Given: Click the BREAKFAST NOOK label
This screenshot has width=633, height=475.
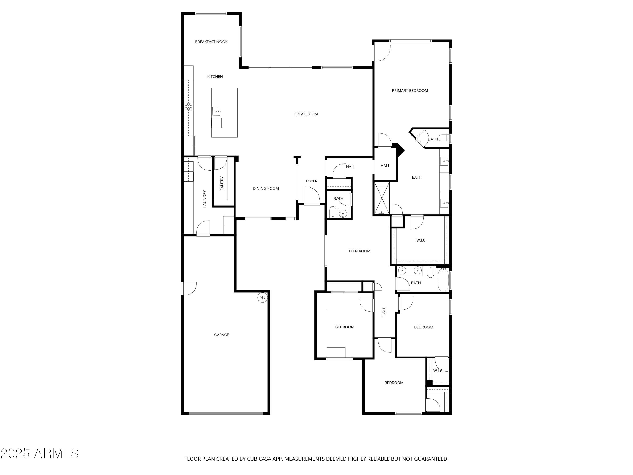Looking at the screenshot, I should pyautogui.click(x=211, y=42).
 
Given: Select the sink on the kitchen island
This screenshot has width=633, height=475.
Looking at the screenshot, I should pyautogui.click(x=216, y=111).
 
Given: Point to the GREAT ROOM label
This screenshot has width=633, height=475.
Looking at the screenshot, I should pyautogui.click(x=306, y=114).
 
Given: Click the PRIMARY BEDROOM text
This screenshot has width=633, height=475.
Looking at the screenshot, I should pyautogui.click(x=410, y=91).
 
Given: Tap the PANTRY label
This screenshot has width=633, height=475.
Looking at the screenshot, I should pyautogui.click(x=222, y=183).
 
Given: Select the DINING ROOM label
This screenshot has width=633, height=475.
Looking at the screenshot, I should pyautogui.click(x=266, y=188).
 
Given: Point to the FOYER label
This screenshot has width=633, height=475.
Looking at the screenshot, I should pyautogui.click(x=311, y=181).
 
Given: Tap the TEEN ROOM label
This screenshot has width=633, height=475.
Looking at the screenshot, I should pyautogui.click(x=359, y=251).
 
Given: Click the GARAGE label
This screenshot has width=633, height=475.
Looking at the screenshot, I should pyautogui.click(x=221, y=335).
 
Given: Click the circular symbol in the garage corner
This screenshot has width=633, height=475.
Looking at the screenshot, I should pyautogui.click(x=262, y=298).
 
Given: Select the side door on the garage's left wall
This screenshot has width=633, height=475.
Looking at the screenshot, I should pyautogui.click(x=189, y=288).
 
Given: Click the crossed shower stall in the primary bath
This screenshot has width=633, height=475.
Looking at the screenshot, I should pyautogui.click(x=382, y=198).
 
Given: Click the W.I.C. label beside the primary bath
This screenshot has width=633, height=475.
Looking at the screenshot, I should pyautogui.click(x=421, y=240).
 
